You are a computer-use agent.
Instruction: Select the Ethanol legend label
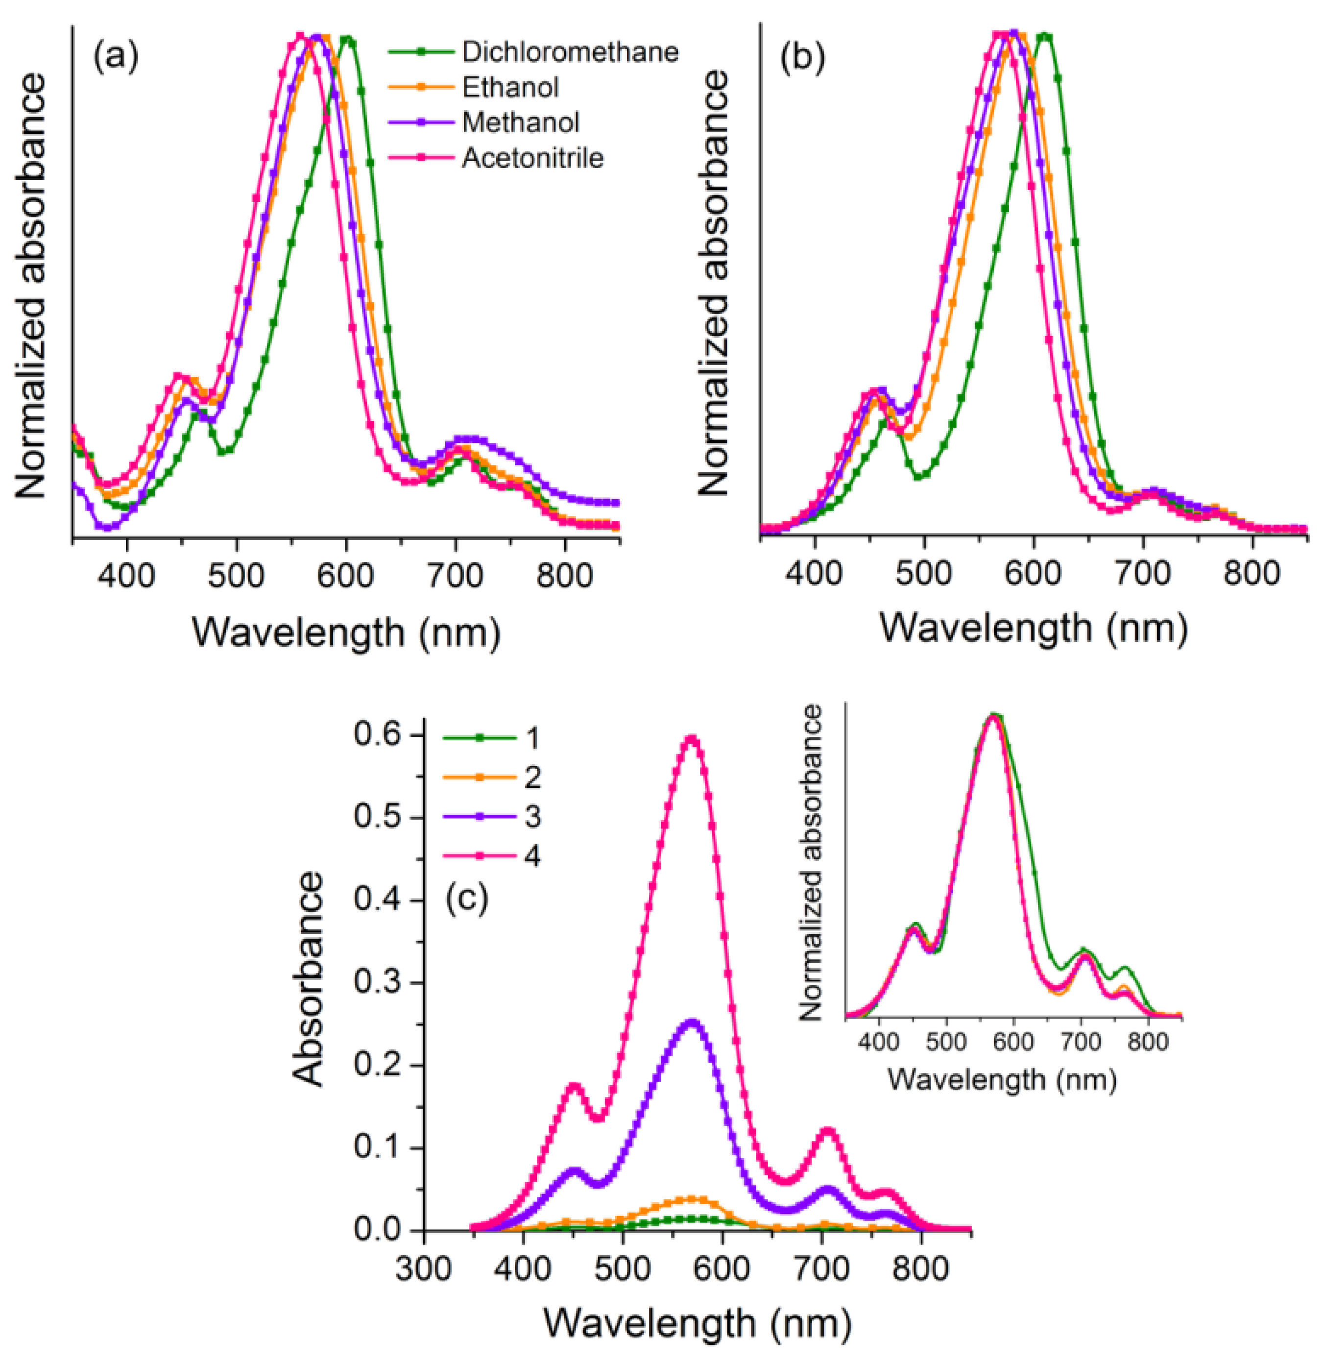tap(510, 88)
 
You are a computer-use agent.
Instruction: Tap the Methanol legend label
tap(520, 123)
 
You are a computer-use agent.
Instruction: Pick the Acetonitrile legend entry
tap(532, 159)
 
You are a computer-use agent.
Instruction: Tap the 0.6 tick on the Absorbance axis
tap(379, 736)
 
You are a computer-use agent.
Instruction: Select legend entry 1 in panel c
tap(532, 738)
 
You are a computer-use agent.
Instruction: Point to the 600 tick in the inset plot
tap(1014, 1041)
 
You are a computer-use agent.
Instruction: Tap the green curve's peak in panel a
tap(348, 40)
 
